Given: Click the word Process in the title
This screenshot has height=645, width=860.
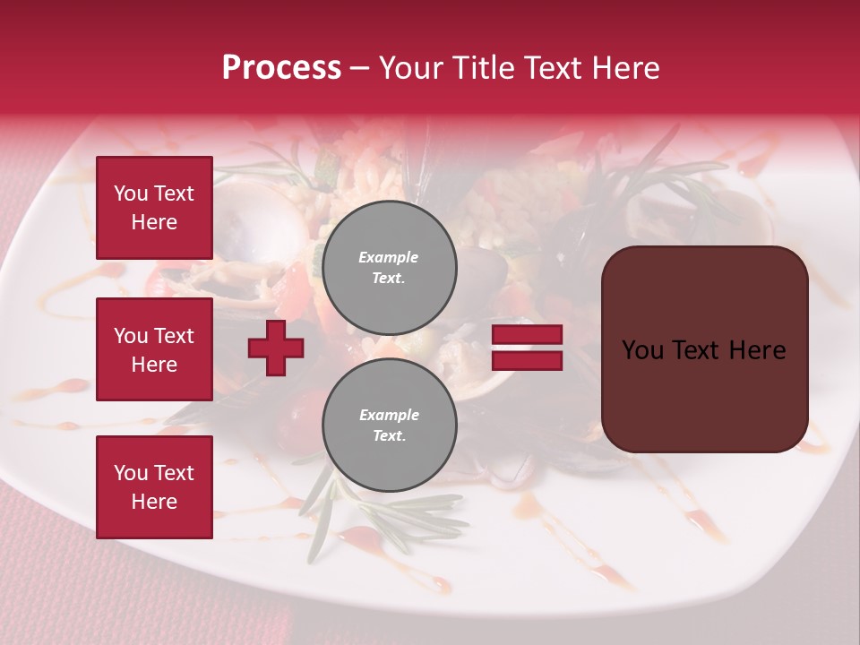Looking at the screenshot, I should (x=281, y=68).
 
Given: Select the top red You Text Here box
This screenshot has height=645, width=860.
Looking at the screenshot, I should (x=154, y=208).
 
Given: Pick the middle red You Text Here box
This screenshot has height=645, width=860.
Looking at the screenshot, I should (x=154, y=349).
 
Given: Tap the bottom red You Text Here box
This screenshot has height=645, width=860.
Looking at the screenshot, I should (x=154, y=487).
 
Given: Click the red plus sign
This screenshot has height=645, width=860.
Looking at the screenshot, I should (x=276, y=348).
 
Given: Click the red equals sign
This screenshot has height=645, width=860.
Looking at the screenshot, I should (x=527, y=348).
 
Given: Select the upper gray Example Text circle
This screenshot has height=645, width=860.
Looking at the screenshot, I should (x=389, y=268).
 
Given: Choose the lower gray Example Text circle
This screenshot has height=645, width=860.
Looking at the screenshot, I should (x=389, y=426).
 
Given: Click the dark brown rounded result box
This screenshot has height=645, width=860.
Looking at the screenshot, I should (x=704, y=348).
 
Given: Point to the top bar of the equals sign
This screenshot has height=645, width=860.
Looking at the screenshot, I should (x=527, y=335).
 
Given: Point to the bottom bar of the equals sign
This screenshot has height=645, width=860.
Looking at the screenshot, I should (x=527, y=360).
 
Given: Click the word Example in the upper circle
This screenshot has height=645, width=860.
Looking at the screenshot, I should (x=389, y=257).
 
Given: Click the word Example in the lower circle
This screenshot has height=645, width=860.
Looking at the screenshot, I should (x=389, y=415).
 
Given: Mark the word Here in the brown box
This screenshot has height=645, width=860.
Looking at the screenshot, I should (x=757, y=350).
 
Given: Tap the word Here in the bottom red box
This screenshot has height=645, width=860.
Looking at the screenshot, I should (x=154, y=502).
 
